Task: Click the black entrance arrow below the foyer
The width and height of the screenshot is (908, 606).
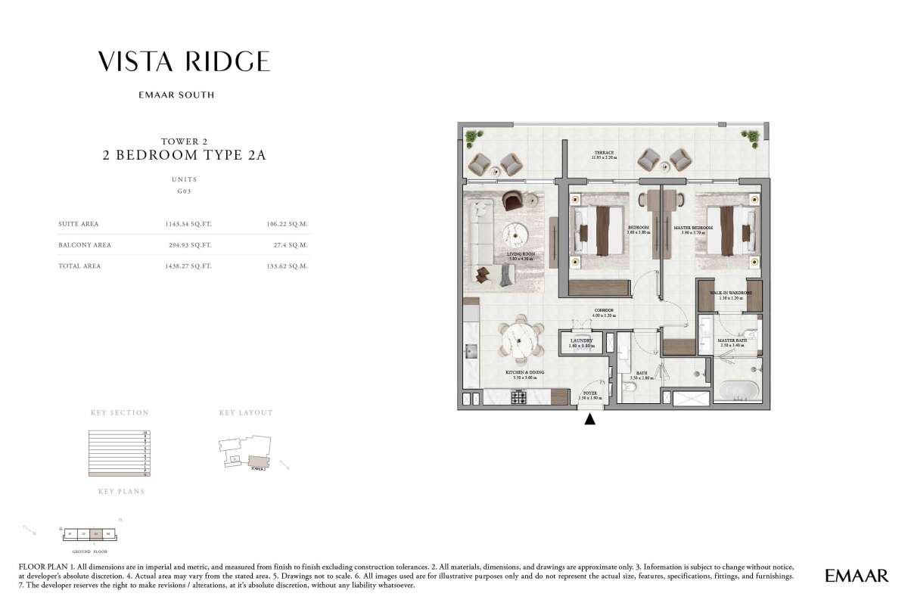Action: (x=590, y=418)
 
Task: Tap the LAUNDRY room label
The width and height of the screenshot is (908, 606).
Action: (x=581, y=343)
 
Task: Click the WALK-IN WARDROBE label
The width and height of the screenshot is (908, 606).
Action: (x=731, y=293)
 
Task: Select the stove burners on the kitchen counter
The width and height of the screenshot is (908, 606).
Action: (x=520, y=396)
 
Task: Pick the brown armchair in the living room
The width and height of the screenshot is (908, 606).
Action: (x=512, y=200)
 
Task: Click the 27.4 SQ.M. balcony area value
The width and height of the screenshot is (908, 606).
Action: (x=294, y=245)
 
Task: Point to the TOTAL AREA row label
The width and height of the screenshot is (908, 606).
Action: (x=79, y=266)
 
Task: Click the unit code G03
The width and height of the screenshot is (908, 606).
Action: (x=185, y=192)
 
